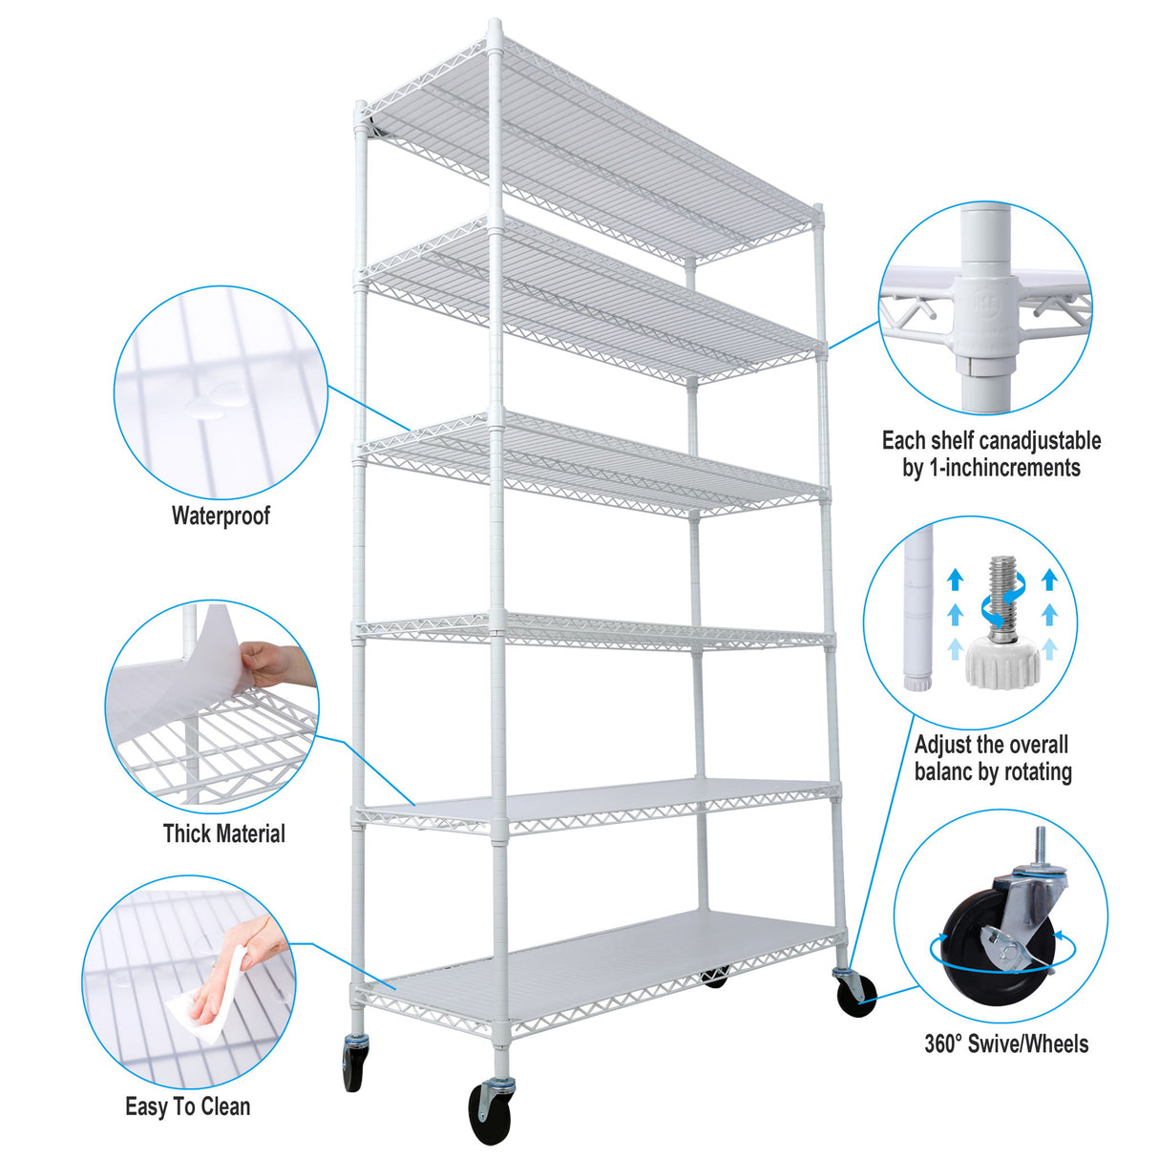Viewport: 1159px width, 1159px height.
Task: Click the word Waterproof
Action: [x=221, y=516]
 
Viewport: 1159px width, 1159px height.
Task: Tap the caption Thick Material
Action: [x=223, y=833]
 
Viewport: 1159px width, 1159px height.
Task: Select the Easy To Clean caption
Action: [x=188, y=1106]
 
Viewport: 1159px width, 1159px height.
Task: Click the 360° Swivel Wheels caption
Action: [x=1005, y=1043]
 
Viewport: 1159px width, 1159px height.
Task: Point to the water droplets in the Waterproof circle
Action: [x=216, y=401]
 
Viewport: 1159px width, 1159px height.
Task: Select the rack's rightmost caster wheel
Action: [x=855, y=995]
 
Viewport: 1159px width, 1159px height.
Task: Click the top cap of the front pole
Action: [x=495, y=28]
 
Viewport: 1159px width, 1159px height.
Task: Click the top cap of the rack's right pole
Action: [x=817, y=208]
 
